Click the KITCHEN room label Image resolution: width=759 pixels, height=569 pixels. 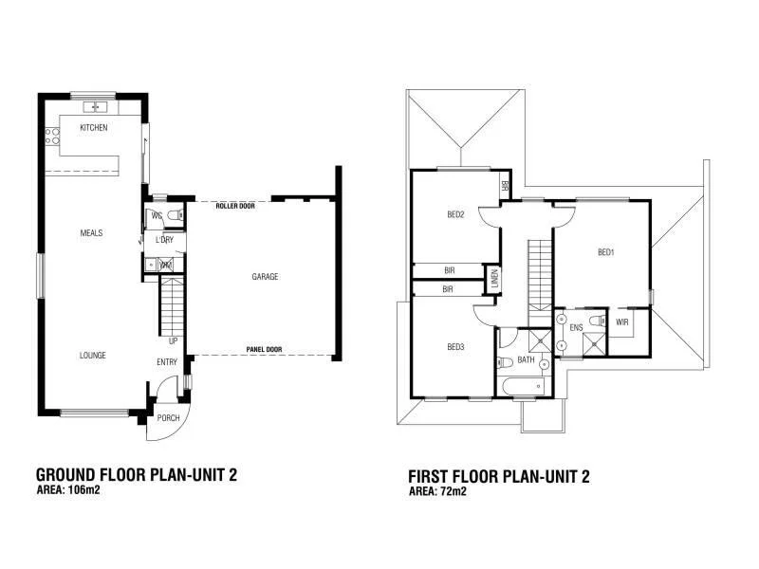pyautogui.click(x=93, y=127)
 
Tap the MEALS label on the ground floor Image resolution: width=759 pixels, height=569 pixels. pyautogui.click(x=92, y=232)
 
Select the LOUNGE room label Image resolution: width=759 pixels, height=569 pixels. pyautogui.click(x=92, y=356)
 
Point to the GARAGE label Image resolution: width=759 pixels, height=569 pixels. pyautogui.click(x=265, y=277)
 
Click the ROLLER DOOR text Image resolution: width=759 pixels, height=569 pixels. pyautogui.click(x=235, y=205)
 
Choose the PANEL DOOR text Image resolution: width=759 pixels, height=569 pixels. pyautogui.click(x=263, y=350)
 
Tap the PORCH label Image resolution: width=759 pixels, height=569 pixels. pyautogui.click(x=168, y=418)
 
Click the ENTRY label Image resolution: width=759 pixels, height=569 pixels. pyautogui.click(x=167, y=362)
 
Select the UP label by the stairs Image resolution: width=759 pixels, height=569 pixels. pyautogui.click(x=173, y=340)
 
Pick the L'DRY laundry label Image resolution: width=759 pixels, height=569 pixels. pyautogui.click(x=162, y=240)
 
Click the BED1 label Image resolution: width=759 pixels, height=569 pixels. pyautogui.click(x=606, y=251)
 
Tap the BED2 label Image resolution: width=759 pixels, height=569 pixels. pyautogui.click(x=455, y=214)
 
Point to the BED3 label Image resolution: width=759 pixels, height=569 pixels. pyautogui.click(x=455, y=347)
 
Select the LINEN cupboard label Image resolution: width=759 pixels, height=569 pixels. pyautogui.click(x=494, y=280)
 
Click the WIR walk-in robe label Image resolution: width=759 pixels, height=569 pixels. pyautogui.click(x=622, y=322)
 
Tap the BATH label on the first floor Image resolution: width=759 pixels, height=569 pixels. pyautogui.click(x=526, y=361)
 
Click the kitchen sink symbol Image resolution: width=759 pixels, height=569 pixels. pyautogui.click(x=95, y=105)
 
